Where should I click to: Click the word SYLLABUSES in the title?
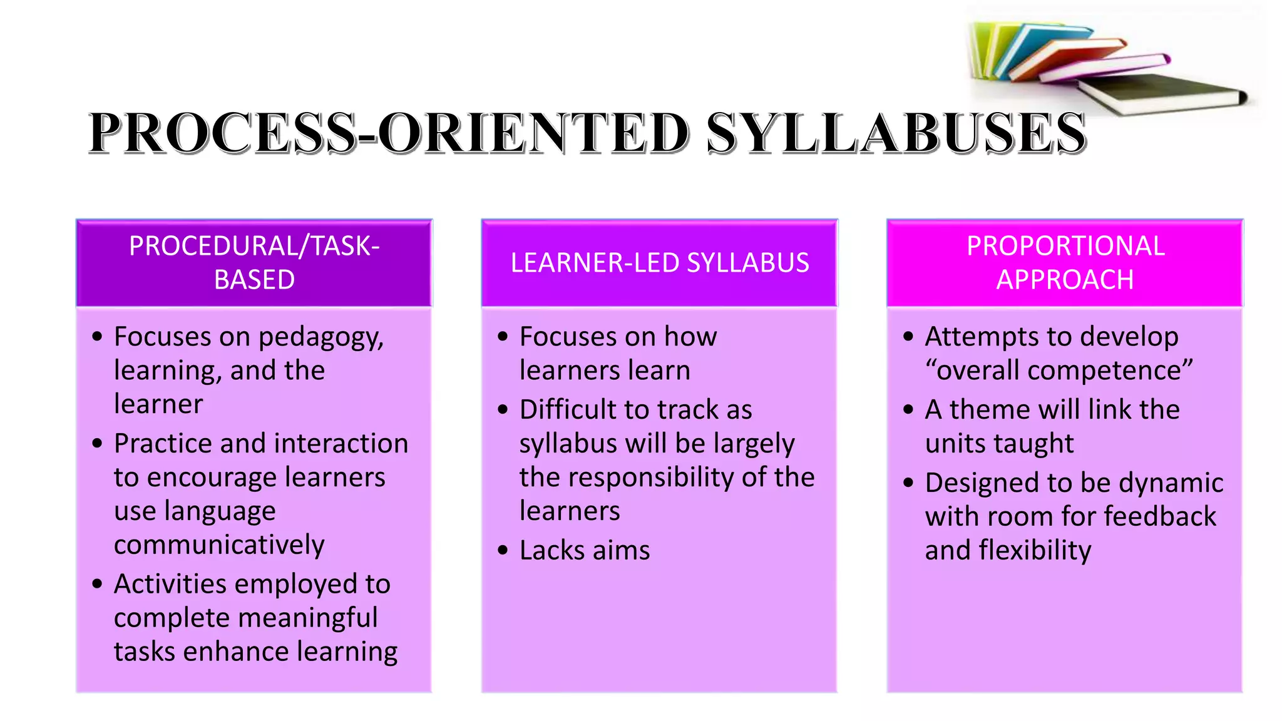click(x=896, y=133)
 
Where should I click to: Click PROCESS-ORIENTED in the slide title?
click(x=388, y=133)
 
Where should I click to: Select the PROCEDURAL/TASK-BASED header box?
click(x=254, y=263)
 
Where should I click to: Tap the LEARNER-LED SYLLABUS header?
click(x=659, y=263)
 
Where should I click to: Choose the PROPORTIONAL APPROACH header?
click(x=1065, y=263)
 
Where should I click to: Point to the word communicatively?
click(x=219, y=545)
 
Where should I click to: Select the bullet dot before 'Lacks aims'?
click(x=503, y=551)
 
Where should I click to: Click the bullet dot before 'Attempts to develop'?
click(x=908, y=337)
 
